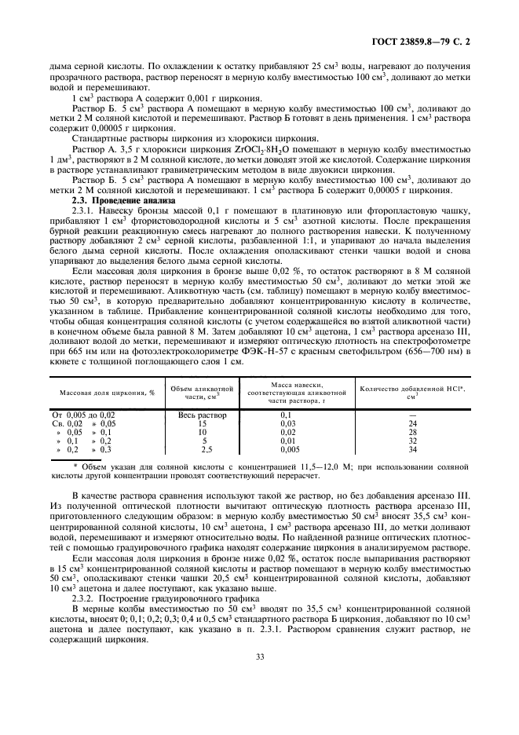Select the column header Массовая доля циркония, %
[108, 390]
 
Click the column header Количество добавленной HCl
[411, 390]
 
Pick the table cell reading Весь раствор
[203, 415]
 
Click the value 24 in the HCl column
[411, 423]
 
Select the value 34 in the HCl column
[411, 449]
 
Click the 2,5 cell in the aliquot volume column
[207, 449]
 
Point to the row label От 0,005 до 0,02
[83, 415]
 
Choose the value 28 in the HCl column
[411, 432]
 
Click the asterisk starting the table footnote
[75, 466]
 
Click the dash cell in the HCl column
[411, 415]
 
